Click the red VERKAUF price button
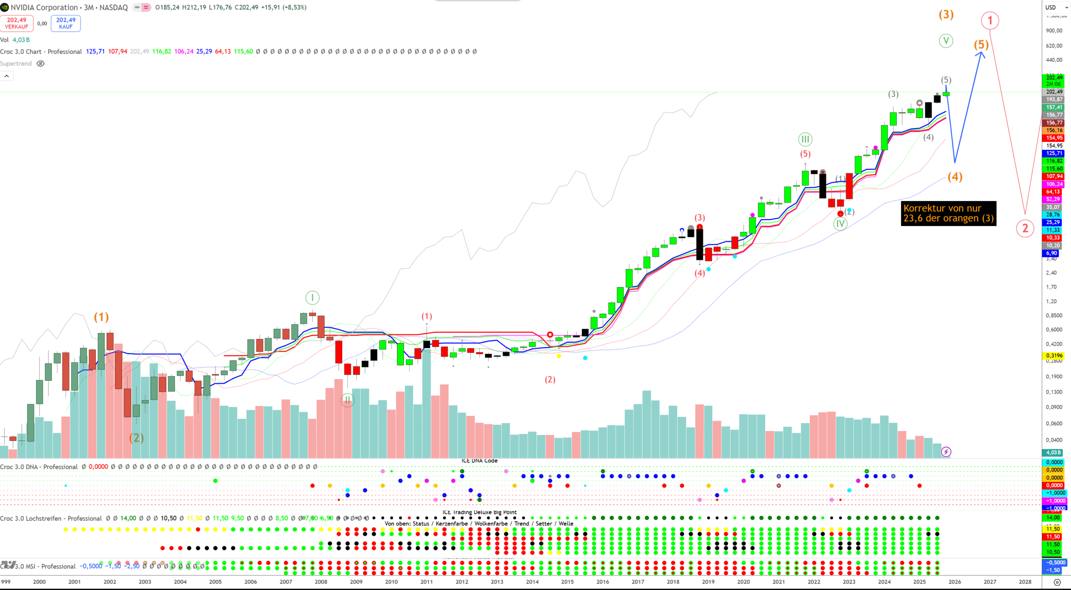coord(17,23)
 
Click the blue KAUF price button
coord(66,23)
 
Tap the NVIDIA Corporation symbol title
coord(44,7)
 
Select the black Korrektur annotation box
coord(948,213)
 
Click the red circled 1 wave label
coord(990,21)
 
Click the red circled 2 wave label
coord(1025,228)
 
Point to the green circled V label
coord(946,41)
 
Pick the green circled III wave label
coord(805,139)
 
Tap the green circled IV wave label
coord(840,223)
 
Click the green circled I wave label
coord(312,298)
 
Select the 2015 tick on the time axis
coord(567,582)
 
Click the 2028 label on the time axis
coord(1025,582)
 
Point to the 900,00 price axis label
coord(1054,30)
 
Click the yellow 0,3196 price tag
coord(1054,355)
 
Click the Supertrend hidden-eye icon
coord(41,63)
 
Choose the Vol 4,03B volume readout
coord(15,40)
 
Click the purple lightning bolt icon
coord(946,452)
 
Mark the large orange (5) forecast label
coord(981,45)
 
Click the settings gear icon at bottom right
coord(1057,582)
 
